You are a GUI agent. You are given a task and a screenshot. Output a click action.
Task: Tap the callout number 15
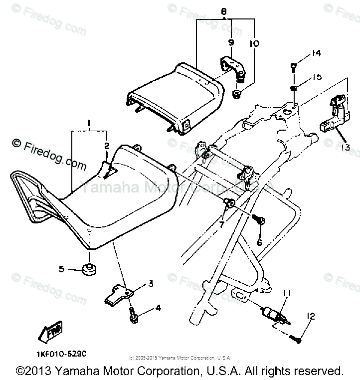(x=317, y=77)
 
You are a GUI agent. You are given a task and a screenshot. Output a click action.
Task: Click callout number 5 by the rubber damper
(x=62, y=269)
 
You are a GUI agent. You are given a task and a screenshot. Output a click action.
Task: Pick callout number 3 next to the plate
(x=150, y=284)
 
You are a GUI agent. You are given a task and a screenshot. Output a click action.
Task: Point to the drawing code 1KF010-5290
(x=61, y=354)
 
